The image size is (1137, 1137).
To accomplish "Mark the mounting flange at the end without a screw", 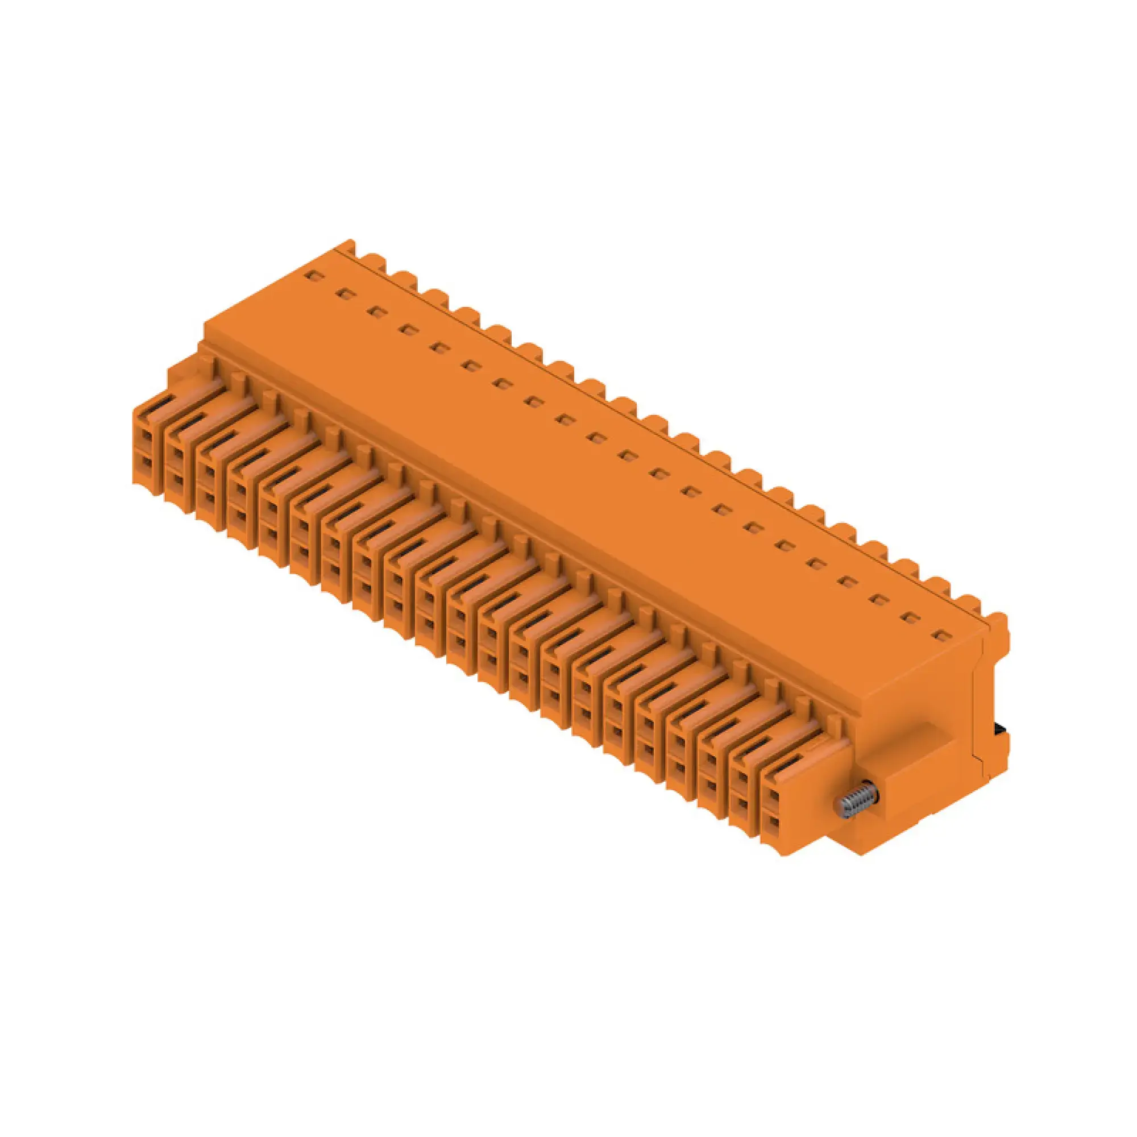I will click(x=182, y=371).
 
